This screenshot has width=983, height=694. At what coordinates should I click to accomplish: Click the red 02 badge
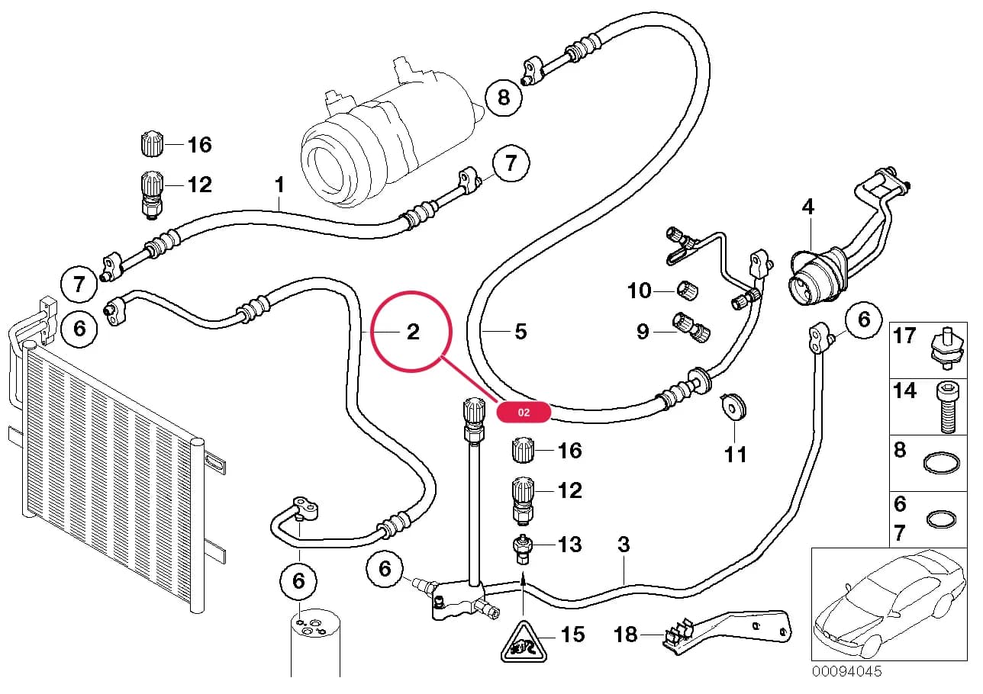[523, 412]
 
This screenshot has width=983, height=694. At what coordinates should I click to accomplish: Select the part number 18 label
[625, 635]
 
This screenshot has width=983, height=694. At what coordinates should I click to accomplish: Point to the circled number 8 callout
[504, 98]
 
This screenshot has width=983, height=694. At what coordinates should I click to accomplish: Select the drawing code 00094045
[846, 672]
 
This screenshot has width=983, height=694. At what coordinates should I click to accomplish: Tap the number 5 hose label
[521, 332]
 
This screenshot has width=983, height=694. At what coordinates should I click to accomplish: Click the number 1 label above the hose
[279, 185]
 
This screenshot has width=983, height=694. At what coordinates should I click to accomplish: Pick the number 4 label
[808, 207]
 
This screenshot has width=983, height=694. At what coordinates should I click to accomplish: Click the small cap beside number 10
[688, 290]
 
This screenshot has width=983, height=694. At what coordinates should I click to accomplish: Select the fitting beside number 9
[691, 326]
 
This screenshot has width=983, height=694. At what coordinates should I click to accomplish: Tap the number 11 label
[736, 455]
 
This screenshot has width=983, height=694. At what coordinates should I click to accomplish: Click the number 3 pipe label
[624, 544]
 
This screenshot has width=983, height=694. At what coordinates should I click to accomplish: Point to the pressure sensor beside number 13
[522, 549]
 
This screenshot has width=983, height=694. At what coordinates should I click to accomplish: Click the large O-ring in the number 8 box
[941, 463]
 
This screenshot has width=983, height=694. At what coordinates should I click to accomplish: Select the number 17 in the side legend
[904, 336]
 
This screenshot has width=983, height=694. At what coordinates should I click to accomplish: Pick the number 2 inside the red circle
[413, 332]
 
